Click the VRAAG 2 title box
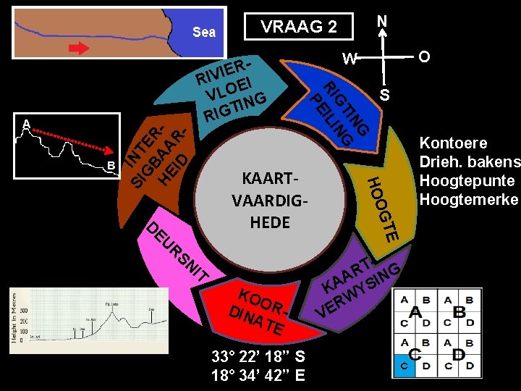pyautogui.click(x=299, y=27)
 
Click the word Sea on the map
pyautogui.click(x=204, y=32)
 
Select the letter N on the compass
pyautogui.click(x=383, y=22)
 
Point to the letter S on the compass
pyautogui.click(x=384, y=95)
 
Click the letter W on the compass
pyautogui.click(x=350, y=59)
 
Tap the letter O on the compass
pyautogui.click(x=425, y=56)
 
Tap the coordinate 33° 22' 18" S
pyautogui.click(x=258, y=356)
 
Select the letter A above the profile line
pyautogui.click(x=26, y=124)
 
